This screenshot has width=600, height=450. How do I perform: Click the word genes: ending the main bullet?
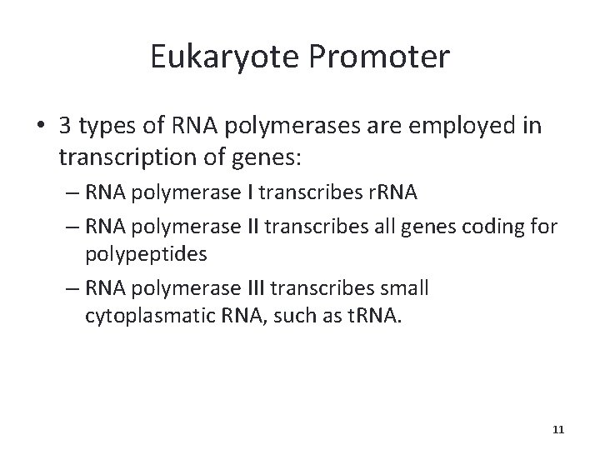point(237,156)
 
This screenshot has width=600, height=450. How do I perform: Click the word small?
point(403,287)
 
